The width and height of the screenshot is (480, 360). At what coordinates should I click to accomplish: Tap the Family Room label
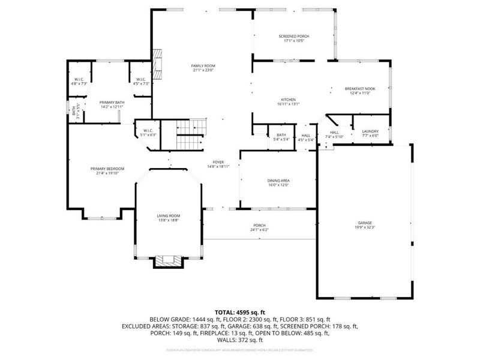(x=203, y=65)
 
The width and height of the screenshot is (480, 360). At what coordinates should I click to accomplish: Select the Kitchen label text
(x=289, y=100)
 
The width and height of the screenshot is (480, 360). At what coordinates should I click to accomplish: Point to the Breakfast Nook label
(x=358, y=89)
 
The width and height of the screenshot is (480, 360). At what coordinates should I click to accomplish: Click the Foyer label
(x=218, y=162)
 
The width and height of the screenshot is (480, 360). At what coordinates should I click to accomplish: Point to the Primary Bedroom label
(x=103, y=169)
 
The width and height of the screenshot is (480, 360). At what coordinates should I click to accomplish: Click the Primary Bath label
(x=111, y=102)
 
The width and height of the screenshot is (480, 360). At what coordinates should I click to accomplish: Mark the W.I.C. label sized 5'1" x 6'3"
(x=147, y=131)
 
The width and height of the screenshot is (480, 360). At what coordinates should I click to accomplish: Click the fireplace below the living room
(x=167, y=262)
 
